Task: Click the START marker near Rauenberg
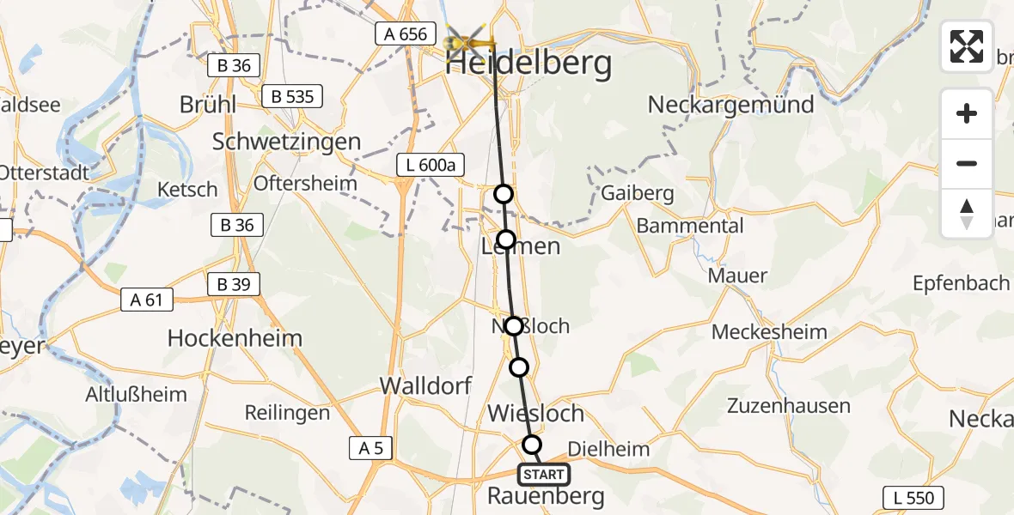[x=543, y=475]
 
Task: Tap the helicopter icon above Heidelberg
[x=471, y=38]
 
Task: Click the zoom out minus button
[x=967, y=164]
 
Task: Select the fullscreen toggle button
[x=967, y=46]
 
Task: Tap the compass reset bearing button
[x=967, y=214]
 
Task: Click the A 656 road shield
[x=400, y=33]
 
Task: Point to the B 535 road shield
[x=292, y=96]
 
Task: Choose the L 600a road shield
[x=426, y=165]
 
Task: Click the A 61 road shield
[x=148, y=300]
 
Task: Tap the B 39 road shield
[x=234, y=285]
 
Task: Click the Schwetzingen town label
[x=286, y=142]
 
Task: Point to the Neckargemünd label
[x=730, y=105]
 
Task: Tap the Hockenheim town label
[x=235, y=338]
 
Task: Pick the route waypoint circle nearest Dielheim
[x=533, y=444]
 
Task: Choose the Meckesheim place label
[x=770, y=332]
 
